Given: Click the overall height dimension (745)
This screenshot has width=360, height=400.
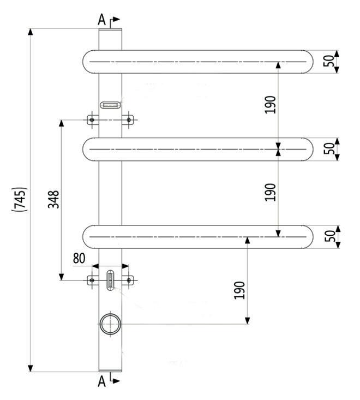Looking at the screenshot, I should click(x=19, y=200).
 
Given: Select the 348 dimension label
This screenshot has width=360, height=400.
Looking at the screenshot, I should click(x=53, y=200).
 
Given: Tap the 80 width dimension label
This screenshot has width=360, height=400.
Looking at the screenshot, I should click(x=80, y=258).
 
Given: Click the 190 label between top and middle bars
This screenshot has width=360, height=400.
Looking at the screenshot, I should click(x=271, y=104).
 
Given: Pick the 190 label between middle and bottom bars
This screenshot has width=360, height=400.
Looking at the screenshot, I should click(x=271, y=192).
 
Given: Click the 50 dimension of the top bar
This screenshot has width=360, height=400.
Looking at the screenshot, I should click(x=329, y=61).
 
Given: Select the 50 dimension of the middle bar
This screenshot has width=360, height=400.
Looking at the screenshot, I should click(x=329, y=149).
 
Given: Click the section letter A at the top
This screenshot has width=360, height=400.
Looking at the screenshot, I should click(x=101, y=21).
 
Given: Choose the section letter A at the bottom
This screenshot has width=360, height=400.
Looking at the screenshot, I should click(x=101, y=382).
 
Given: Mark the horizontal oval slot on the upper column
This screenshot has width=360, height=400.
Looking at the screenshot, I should click(x=110, y=104).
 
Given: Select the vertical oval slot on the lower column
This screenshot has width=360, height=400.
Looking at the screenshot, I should click(x=111, y=280).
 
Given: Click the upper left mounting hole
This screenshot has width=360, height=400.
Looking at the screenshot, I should click(x=92, y=120).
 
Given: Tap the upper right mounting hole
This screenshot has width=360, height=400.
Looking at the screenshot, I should click(x=129, y=120).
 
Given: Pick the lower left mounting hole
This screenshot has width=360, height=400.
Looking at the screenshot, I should click(x=92, y=280).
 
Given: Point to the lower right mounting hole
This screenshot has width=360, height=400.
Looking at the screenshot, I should click(x=129, y=280).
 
